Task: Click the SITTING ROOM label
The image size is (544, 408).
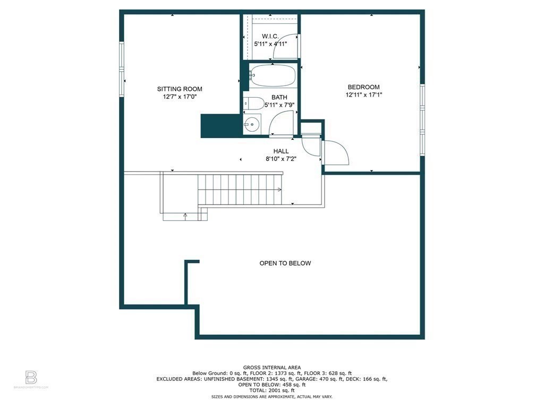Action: click(180, 89)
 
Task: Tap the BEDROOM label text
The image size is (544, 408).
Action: click(363, 87)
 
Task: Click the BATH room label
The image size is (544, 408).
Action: click(279, 97)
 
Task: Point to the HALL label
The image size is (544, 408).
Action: click(281, 151)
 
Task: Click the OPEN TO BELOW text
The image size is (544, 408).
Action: click(285, 263)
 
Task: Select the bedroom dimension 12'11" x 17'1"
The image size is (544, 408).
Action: click(363, 95)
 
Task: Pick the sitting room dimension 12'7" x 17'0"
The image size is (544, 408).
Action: click(180, 97)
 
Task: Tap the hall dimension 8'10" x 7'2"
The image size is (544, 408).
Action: click(281, 158)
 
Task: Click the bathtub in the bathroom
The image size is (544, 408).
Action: click(272, 75)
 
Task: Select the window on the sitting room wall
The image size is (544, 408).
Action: click(121, 70)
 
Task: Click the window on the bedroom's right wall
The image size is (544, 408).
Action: click(423, 120)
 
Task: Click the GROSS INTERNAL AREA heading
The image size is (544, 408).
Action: click(272, 368)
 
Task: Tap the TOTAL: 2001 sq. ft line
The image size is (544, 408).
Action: click(272, 390)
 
